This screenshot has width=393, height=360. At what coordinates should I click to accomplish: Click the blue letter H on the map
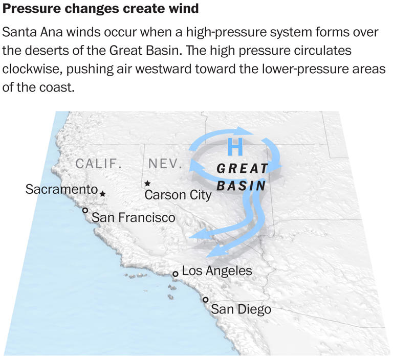(x=235, y=148)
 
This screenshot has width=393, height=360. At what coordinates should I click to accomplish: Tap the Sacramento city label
(x=61, y=189)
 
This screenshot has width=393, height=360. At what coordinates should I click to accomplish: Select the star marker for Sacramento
(x=103, y=194)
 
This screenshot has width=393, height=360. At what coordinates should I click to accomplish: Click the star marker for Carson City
(x=147, y=183)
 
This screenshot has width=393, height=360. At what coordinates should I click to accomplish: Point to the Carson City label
(x=178, y=195)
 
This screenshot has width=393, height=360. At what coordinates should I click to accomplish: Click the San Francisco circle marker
(x=85, y=210)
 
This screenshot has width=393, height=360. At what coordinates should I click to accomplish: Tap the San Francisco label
(x=133, y=218)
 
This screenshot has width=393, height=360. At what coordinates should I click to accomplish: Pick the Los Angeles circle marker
(x=175, y=274)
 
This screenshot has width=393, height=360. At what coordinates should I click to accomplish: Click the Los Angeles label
(x=217, y=271)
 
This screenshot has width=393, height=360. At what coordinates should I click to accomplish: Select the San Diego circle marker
(x=205, y=300)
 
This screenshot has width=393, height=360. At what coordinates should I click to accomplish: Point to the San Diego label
(x=241, y=309)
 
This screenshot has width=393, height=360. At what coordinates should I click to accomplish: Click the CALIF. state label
(x=99, y=164)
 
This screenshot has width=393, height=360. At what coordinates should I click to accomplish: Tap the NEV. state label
(x=165, y=164)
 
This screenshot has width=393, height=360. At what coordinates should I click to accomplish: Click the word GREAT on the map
(x=243, y=169)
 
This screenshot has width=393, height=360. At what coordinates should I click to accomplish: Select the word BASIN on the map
(x=242, y=186)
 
